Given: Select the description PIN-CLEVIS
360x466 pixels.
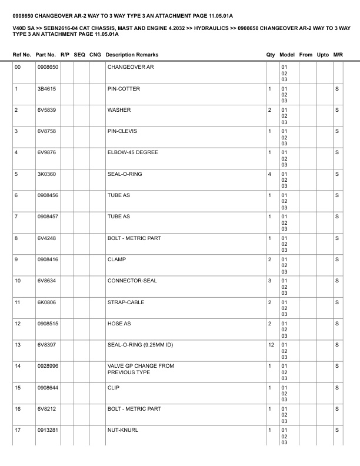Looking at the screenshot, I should click(122, 131).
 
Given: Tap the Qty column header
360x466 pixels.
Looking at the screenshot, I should click(270, 55).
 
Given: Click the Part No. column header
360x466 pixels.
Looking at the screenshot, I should click(46, 55).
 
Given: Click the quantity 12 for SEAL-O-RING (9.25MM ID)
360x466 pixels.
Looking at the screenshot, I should click(271, 345).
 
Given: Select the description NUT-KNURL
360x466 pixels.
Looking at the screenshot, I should click(122, 430).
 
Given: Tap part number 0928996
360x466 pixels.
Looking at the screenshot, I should click(47, 366).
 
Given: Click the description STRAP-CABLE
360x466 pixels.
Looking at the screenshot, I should click(125, 302).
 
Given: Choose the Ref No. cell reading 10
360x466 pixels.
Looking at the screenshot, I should click(18, 281).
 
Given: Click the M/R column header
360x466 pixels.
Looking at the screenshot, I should click(338, 55).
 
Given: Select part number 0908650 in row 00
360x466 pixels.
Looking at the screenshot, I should click(47, 68).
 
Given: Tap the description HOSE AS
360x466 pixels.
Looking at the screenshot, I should click(119, 324).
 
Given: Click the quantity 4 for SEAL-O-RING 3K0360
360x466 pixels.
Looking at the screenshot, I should click(269, 174).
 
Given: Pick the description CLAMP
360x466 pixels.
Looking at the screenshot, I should click(116, 259).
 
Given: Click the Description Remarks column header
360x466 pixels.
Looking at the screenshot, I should click(132, 55).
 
